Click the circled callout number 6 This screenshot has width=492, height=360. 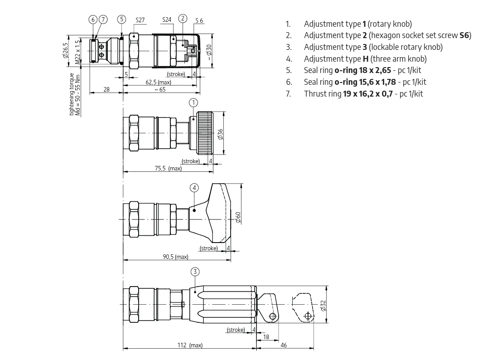93,19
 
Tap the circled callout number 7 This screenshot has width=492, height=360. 103,19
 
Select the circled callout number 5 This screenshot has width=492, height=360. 121,19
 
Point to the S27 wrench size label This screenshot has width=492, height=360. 140,20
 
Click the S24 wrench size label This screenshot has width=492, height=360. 167,20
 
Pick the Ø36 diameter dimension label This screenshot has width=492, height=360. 220,134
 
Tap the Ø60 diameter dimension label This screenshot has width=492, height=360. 238,217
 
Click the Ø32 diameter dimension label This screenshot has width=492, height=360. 323,306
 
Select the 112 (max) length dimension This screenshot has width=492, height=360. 190,345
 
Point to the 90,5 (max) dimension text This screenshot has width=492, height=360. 175,257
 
